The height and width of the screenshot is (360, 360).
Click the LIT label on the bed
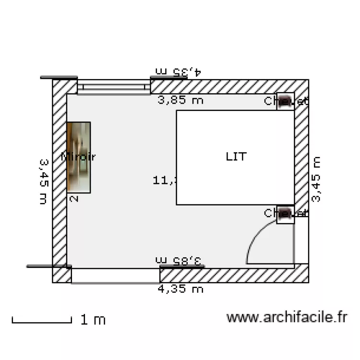point(236,156)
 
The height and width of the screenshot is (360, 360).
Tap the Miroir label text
point(79,156)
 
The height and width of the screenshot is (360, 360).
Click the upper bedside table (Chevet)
point(285,101)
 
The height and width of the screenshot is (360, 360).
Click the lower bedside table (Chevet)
point(285,214)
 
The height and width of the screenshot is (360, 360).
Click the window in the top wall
point(114,87)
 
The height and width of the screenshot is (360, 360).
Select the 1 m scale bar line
point(42,321)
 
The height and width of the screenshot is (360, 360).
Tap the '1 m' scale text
point(93,320)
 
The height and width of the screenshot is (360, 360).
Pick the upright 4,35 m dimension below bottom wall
point(181,288)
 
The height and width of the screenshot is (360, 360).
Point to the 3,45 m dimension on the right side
point(317,179)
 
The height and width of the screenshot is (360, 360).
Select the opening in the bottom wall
point(115,276)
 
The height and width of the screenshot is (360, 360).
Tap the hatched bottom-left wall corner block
point(62,275)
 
